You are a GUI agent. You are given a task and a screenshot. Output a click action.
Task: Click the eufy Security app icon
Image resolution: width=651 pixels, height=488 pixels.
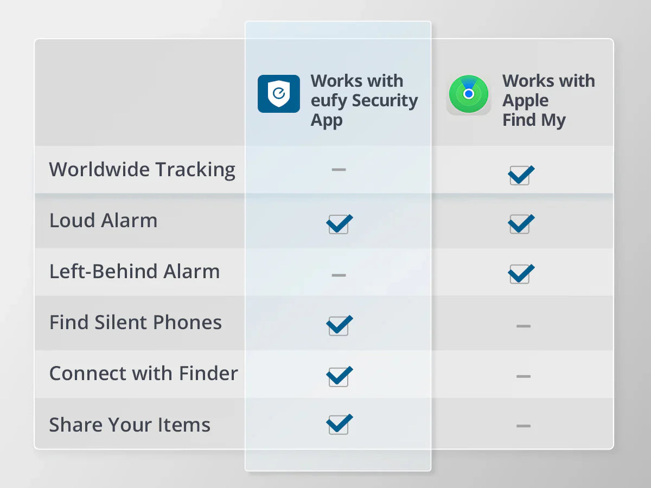278,94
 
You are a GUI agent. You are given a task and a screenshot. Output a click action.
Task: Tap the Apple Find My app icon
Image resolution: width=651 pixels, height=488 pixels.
468,94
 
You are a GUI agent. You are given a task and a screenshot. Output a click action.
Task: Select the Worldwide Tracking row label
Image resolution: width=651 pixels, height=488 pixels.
142,170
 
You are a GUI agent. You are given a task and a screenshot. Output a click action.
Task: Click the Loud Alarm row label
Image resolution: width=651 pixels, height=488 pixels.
104,221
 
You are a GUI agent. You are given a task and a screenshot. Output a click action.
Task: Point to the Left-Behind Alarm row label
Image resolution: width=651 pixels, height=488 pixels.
135,272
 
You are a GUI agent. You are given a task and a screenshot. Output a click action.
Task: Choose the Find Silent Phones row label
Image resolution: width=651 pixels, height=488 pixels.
136,323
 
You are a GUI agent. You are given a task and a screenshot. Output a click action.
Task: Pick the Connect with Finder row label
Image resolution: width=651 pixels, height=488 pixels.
144,374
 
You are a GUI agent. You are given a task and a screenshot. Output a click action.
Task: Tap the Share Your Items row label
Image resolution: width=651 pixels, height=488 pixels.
130,425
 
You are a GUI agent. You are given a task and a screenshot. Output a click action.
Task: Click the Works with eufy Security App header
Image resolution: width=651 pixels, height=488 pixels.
364,100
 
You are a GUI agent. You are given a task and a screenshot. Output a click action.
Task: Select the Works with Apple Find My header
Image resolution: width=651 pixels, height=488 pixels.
548,100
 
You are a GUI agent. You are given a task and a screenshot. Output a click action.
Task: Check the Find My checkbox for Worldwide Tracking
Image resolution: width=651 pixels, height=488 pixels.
520,175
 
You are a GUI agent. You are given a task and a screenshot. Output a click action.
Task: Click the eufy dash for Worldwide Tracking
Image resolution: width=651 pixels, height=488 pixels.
339,170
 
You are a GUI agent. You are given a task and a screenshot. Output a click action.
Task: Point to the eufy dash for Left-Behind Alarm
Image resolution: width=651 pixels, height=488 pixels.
339,275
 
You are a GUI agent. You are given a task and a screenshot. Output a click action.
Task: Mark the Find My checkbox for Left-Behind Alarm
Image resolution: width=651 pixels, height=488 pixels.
520,274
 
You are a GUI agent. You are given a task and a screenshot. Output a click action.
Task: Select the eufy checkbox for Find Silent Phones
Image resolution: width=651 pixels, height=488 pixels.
339,325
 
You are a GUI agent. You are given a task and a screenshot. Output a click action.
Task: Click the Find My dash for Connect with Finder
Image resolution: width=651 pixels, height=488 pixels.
524,376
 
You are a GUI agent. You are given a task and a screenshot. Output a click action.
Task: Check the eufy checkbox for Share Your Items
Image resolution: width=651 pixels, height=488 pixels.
339,424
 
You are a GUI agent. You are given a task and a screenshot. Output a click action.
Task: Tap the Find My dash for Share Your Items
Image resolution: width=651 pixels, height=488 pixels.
524,426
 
